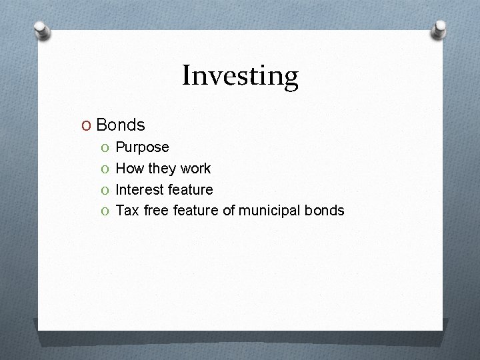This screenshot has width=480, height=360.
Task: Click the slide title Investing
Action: [x=240, y=76]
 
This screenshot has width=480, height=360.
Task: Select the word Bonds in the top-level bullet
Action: [x=121, y=125]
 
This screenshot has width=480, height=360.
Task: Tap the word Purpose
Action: [x=143, y=147]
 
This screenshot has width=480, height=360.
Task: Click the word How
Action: [x=129, y=168]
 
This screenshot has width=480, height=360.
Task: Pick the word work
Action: [x=196, y=168]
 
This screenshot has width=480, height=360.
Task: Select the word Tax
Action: [x=127, y=211]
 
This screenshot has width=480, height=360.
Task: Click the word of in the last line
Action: [x=229, y=211]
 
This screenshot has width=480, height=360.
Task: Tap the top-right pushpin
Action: [x=439, y=29]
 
